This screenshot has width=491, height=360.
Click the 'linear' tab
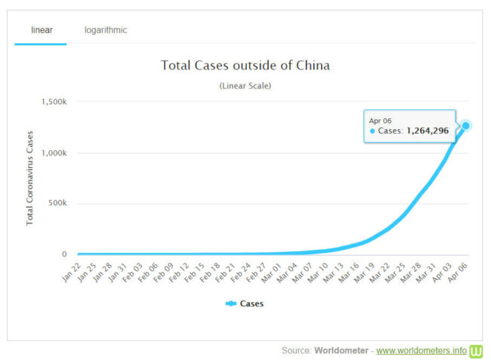(x=41, y=30)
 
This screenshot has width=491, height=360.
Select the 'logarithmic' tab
(x=106, y=30)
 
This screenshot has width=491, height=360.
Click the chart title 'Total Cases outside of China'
(x=245, y=66)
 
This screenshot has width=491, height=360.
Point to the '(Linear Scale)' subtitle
(x=245, y=86)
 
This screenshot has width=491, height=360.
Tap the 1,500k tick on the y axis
(x=55, y=102)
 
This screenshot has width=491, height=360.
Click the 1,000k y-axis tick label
(x=55, y=153)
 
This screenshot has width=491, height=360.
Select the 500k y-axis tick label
(x=57, y=204)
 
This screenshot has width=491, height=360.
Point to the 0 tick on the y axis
(x=64, y=254)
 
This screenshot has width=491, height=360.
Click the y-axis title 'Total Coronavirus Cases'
(x=30, y=178)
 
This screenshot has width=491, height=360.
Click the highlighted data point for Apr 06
(x=466, y=126)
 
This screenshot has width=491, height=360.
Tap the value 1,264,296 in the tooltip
(x=428, y=131)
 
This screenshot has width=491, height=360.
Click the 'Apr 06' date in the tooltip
(x=381, y=121)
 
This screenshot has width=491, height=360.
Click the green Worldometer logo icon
(x=476, y=351)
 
